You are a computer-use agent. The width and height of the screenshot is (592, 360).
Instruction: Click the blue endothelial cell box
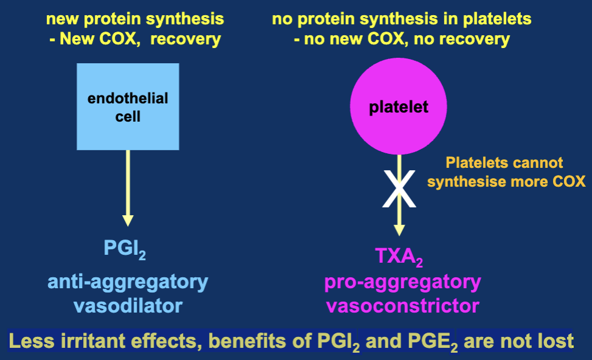pos(128,106)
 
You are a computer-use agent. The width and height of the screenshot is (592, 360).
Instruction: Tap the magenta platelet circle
pos(399,108)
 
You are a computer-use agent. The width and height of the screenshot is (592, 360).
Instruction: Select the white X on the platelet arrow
pos(399,189)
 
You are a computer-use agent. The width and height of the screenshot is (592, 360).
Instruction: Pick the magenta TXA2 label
pos(399,257)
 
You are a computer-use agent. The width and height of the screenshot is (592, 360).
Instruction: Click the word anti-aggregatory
pos(128,282)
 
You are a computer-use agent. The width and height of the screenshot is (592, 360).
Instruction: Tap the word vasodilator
pos(128,305)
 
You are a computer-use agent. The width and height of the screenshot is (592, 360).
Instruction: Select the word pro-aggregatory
pos(402,282)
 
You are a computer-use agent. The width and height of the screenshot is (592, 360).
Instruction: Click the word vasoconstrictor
pos(402,305)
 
